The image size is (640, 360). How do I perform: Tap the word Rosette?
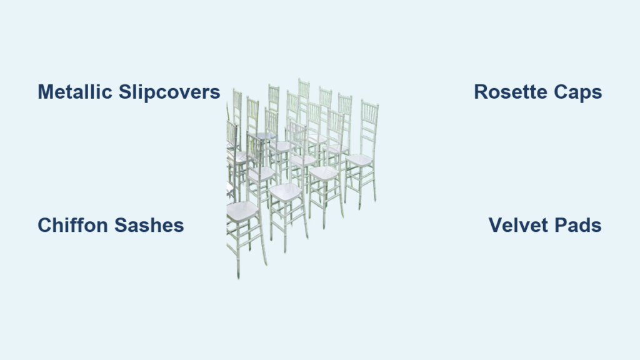511,92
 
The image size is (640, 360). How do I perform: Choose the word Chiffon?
72,225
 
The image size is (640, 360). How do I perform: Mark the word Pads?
578,225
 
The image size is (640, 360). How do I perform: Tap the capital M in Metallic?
45,92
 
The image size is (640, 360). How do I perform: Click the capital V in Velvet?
494,225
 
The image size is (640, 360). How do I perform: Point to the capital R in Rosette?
480,92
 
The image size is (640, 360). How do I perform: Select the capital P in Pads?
559,225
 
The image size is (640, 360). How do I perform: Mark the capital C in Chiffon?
44,225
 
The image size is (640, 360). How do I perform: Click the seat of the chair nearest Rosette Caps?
359,160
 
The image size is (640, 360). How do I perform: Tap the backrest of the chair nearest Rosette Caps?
368,125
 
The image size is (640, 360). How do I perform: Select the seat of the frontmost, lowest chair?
241,211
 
